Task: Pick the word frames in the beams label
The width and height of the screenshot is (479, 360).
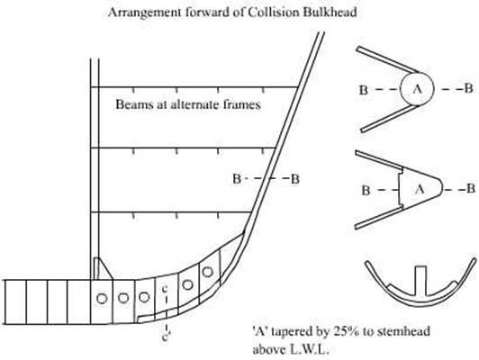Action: (x=242, y=104)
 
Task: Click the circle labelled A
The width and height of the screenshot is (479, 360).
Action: (x=417, y=89)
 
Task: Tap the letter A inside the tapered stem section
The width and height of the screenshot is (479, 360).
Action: (x=420, y=189)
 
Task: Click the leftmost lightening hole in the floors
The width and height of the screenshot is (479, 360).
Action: (x=102, y=298)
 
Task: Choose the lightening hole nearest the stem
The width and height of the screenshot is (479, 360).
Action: (x=208, y=272)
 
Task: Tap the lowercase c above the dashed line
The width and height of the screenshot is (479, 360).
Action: (x=166, y=288)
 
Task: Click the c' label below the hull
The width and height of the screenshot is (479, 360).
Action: (x=166, y=337)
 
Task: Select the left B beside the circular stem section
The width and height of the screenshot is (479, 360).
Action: (x=363, y=90)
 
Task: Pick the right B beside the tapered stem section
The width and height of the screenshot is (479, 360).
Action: (x=471, y=189)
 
